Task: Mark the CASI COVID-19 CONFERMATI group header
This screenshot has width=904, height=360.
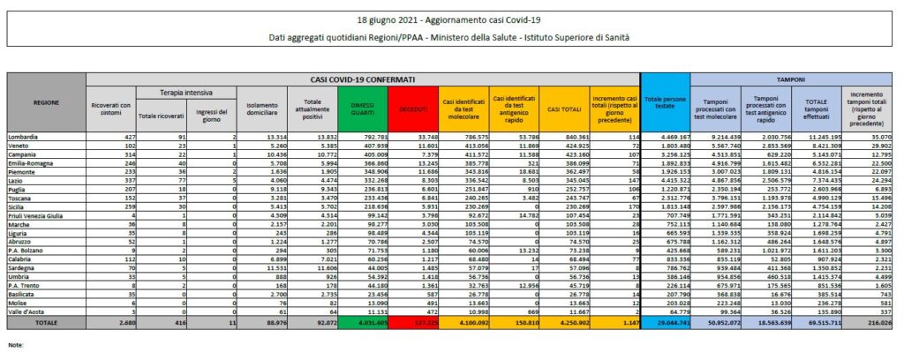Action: (363, 79)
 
